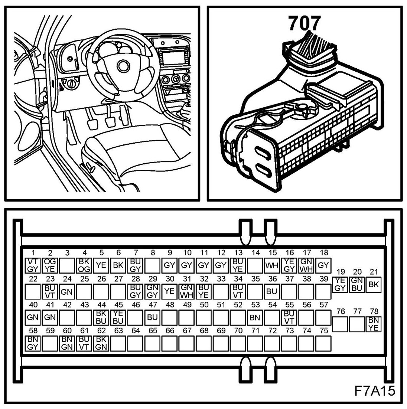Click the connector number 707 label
coord(304,23)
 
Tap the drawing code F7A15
coord(374,391)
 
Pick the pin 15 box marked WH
coord(272,265)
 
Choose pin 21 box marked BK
coord(374,284)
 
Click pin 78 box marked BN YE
coord(374,324)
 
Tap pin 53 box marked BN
coord(255,317)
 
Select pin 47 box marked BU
coord(152,317)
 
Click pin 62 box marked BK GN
coord(101,343)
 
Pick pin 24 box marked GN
coord(66,291)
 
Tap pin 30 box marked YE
coord(169,291)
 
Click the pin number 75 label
coord(324,331)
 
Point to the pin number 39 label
coord(324,279)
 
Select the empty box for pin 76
coord(340,324)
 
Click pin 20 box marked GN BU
coord(357,284)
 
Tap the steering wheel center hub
coord(121,66)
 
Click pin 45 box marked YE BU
coord(118,317)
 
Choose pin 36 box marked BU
coord(272,291)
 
